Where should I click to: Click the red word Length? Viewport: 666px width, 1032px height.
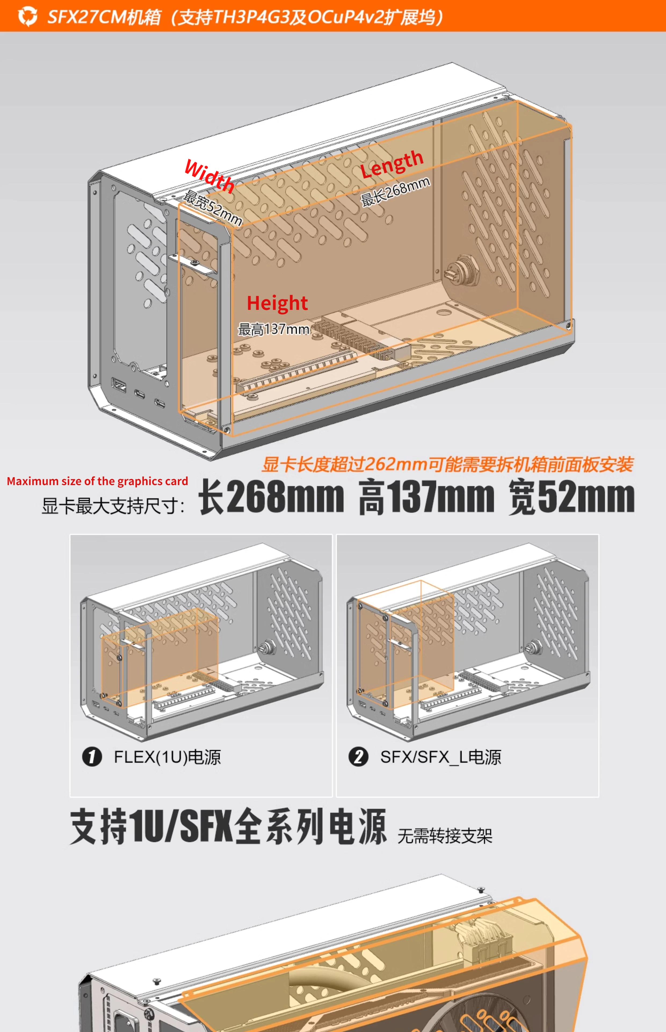pos(392,164)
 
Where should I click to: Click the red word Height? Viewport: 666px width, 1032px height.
pos(277,303)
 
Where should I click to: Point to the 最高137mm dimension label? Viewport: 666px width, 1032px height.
pos(274,329)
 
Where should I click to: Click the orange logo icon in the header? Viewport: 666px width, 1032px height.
pos(28,16)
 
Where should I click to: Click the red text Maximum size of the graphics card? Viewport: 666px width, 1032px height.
pos(97,481)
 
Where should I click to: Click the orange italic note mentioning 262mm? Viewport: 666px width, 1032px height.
pos(448,464)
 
